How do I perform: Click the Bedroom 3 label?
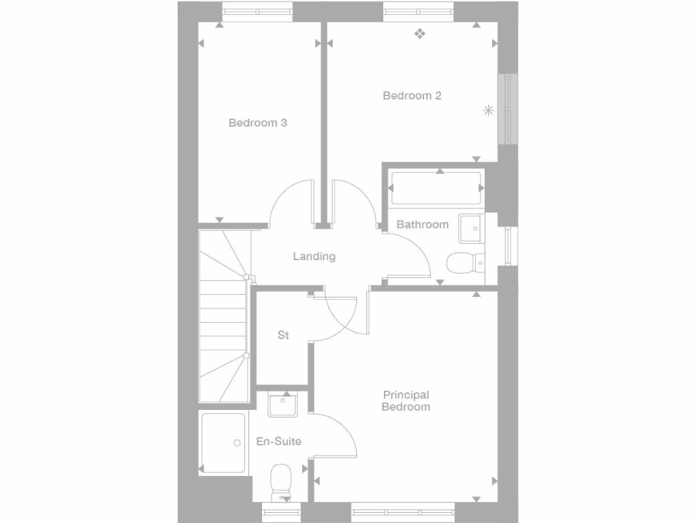257,123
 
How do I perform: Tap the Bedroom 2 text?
412,96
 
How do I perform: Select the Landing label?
314,257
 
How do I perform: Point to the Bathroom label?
422,224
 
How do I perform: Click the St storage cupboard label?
283,335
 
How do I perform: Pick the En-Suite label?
278,441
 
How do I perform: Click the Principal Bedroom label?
406,400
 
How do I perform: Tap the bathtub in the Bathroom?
436,188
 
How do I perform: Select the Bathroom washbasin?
470,227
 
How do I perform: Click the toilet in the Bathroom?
464,262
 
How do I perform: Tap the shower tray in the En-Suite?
223,443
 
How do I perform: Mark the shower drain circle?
237,443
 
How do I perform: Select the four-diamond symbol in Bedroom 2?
421,33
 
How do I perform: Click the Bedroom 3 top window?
257,12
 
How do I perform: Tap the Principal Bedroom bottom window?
403,511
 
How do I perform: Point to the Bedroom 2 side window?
507,109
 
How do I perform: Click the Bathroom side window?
508,246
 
